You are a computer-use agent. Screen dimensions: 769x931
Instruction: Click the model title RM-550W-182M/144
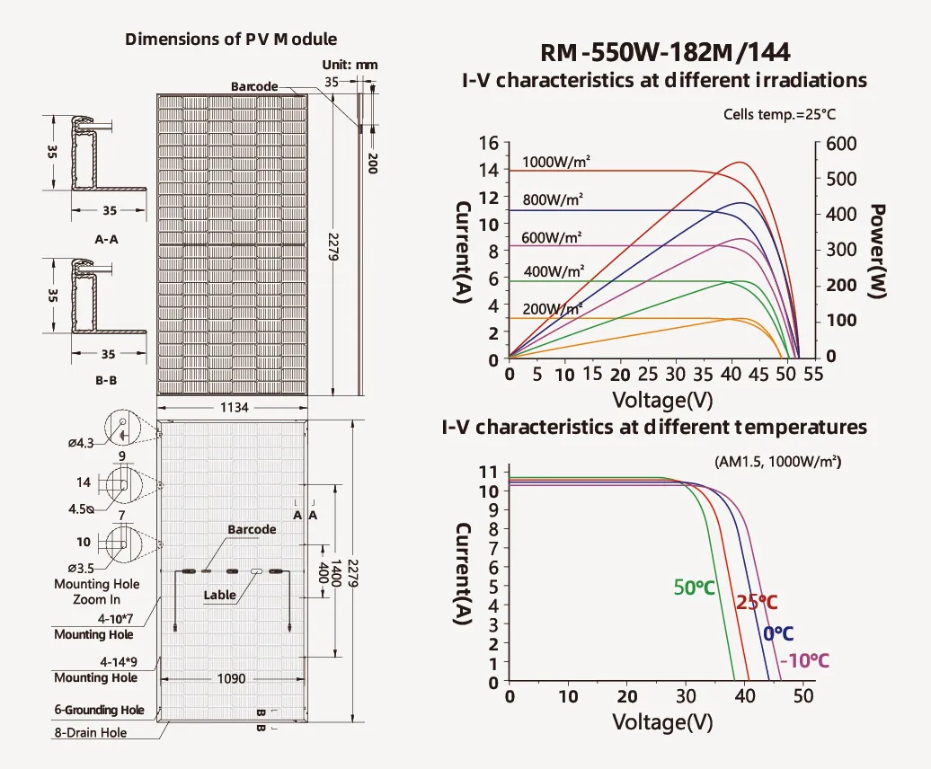click(664, 51)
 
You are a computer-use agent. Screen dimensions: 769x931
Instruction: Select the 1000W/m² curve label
click(555, 163)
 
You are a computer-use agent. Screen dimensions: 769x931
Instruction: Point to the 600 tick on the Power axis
click(842, 144)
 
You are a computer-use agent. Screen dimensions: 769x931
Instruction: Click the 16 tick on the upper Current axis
click(489, 144)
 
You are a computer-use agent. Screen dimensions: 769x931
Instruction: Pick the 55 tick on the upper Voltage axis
click(812, 375)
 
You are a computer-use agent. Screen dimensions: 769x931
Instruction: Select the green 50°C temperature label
click(694, 588)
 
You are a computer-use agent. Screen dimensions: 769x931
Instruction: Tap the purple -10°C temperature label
click(803, 661)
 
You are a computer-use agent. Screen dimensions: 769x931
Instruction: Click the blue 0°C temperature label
click(777, 634)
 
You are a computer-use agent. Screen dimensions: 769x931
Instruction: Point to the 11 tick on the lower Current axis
click(488, 472)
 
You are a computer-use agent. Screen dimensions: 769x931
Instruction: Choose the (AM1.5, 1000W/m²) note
click(777, 462)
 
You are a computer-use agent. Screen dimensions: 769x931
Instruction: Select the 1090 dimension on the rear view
click(231, 679)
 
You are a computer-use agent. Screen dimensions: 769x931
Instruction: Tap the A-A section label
click(106, 240)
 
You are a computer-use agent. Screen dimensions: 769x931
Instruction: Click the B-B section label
click(106, 380)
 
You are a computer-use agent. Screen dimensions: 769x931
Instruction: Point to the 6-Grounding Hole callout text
click(99, 710)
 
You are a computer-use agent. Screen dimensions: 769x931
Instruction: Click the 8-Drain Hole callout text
click(90, 732)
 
